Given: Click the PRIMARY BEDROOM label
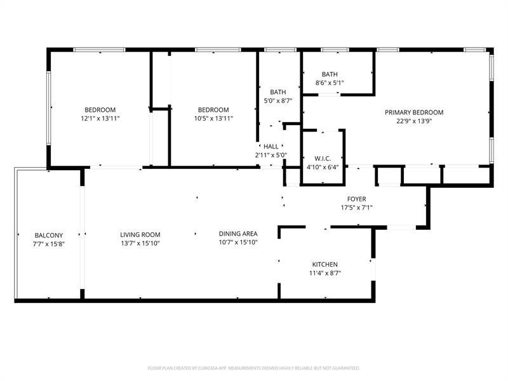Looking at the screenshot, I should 414,112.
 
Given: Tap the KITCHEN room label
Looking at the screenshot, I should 324,265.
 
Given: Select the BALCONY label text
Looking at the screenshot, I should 49,235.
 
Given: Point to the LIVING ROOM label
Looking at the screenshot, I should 140,234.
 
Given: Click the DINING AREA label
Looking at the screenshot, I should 238,234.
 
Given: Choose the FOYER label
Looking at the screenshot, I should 356,199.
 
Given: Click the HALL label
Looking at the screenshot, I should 271,146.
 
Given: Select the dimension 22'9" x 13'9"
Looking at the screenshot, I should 414,121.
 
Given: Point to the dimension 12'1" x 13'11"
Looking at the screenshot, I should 100,118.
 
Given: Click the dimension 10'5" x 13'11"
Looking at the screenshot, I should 213,118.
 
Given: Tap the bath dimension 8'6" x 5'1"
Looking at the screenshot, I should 329,83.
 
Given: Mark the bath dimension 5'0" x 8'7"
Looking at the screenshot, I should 277,100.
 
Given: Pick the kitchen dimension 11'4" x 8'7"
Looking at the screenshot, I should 324,274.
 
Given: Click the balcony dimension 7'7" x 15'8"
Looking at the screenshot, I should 49,243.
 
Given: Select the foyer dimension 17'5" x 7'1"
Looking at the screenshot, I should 356,208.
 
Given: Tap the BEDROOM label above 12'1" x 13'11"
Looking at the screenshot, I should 100,109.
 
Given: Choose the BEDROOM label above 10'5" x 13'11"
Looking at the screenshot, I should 213,109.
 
